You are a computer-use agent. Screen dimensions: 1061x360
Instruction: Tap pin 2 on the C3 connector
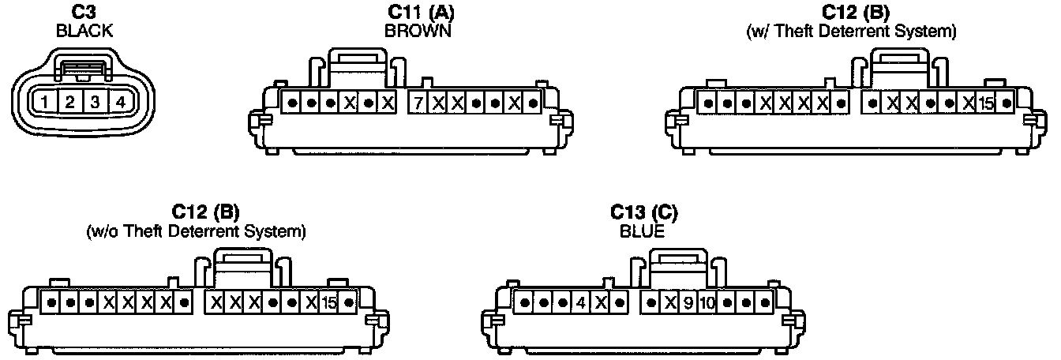tap(69, 102)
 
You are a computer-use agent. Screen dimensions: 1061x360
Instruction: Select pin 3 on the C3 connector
tap(95, 102)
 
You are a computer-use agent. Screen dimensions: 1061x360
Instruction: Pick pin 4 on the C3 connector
tap(119, 102)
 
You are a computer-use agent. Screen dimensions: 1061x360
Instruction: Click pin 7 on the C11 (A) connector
tap(418, 103)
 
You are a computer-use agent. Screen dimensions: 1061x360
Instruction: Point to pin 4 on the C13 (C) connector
tap(580, 302)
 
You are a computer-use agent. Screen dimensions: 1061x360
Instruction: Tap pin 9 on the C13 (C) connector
tap(688, 302)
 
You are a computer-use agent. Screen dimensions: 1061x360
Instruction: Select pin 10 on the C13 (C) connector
tap(707, 302)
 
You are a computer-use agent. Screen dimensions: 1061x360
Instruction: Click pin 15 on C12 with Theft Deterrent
tap(986, 103)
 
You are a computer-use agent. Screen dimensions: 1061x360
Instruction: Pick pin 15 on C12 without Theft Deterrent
tap(329, 302)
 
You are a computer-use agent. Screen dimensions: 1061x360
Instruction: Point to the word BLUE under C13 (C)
tap(643, 232)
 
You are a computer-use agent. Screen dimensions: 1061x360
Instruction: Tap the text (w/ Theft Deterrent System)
tap(851, 32)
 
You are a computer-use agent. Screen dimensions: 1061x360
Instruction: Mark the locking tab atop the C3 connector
tap(82, 69)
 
